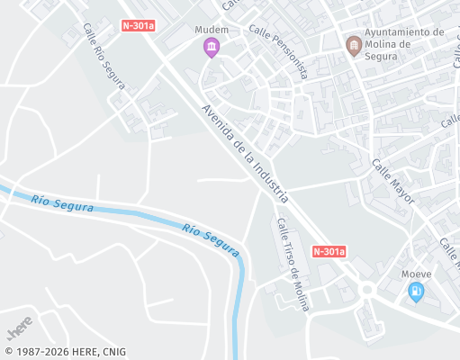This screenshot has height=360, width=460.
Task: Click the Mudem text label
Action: (212, 30)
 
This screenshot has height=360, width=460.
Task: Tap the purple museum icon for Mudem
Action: (212, 47)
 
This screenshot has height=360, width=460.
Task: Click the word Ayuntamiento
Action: (404, 31)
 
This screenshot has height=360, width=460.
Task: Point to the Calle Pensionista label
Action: (278, 51)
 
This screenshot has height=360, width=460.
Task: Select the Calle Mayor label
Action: (392, 181)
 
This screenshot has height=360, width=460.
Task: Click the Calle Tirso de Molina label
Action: (293, 265)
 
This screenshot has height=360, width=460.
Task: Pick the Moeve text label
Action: (417, 274)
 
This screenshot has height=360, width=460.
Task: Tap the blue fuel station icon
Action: (415, 292)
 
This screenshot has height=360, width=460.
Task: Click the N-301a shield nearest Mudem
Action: (138, 26)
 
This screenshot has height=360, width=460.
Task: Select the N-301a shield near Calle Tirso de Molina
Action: (329, 252)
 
